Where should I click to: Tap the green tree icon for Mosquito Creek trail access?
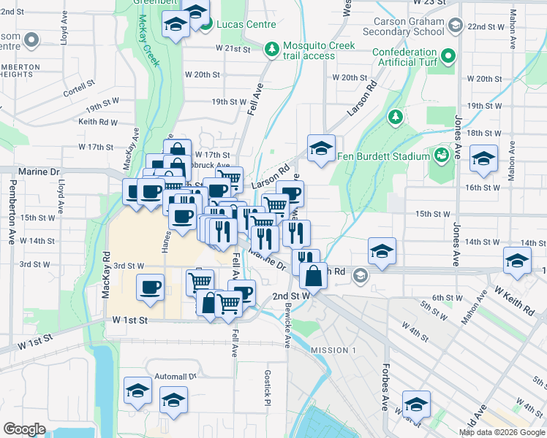(271, 48)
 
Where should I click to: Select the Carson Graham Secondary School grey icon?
(455, 27)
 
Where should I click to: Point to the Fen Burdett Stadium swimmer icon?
(441, 155)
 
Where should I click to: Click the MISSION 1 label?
(333, 350)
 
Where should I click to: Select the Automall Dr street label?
(176, 377)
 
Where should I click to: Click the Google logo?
(24, 429)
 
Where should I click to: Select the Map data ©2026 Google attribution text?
(502, 432)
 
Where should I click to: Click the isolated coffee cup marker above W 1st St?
(151, 287)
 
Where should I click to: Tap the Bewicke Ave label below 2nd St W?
(287, 331)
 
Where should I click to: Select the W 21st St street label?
(233, 48)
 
